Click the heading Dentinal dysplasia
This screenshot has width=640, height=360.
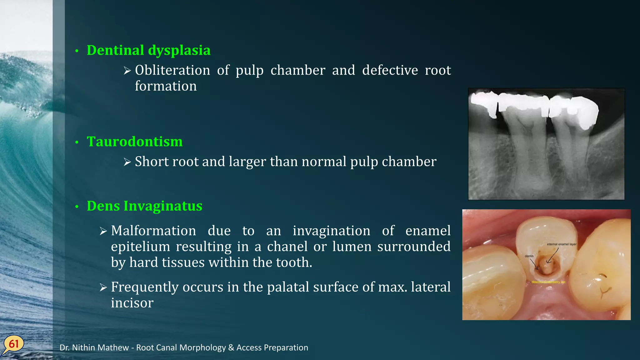[x=148, y=51]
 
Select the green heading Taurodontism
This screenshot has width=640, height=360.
[x=135, y=142]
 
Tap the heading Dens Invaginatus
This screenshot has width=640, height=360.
[x=144, y=206]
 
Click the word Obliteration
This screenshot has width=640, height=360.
[x=172, y=70]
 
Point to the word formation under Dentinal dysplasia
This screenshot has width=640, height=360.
[x=166, y=86]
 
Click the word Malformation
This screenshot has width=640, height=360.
[x=153, y=231]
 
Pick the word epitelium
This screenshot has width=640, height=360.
[x=140, y=247]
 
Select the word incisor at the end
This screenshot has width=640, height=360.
[x=132, y=303]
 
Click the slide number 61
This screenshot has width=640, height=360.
[x=14, y=344]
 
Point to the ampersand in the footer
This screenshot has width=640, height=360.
[x=231, y=348]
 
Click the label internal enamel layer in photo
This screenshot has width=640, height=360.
[x=562, y=244]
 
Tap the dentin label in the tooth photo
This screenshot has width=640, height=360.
[x=529, y=256]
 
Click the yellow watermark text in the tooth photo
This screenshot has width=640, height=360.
[x=548, y=282]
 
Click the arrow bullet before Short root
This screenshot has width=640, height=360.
[x=127, y=162]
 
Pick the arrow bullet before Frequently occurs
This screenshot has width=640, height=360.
[x=103, y=287]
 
